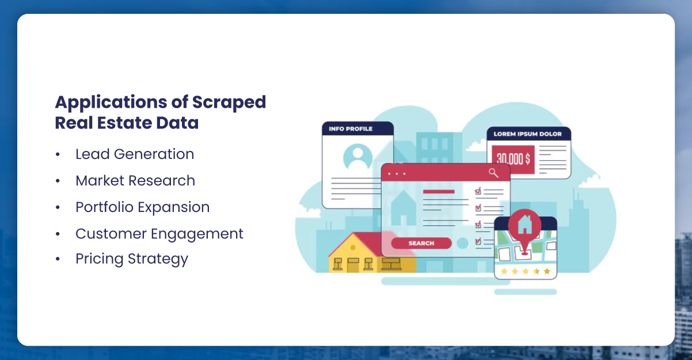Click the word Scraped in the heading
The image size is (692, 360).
pyautogui.click(x=229, y=103)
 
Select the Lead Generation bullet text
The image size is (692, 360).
pyautogui.click(x=135, y=154)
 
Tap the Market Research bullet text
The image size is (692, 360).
pyautogui.click(x=135, y=181)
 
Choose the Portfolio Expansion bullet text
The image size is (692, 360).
pyautogui.click(x=142, y=207)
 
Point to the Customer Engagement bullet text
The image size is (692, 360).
pyautogui.click(x=159, y=234)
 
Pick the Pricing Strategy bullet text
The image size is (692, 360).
pyautogui.click(x=132, y=259)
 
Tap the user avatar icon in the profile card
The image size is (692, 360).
pyautogui.click(x=358, y=157)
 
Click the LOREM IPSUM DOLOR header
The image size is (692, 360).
pyautogui.click(x=528, y=134)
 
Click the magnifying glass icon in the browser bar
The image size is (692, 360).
pyautogui.click(x=493, y=172)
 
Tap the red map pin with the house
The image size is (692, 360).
pyautogui.click(x=524, y=224)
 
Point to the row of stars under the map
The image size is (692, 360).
pyautogui.click(x=525, y=271)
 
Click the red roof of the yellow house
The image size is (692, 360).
pyautogui.click(x=363, y=244)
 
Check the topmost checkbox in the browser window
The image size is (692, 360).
pyautogui.click(x=478, y=191)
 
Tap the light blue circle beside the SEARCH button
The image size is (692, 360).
pyautogui.click(x=462, y=243)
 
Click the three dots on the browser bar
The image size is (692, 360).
pyautogui.click(x=397, y=173)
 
